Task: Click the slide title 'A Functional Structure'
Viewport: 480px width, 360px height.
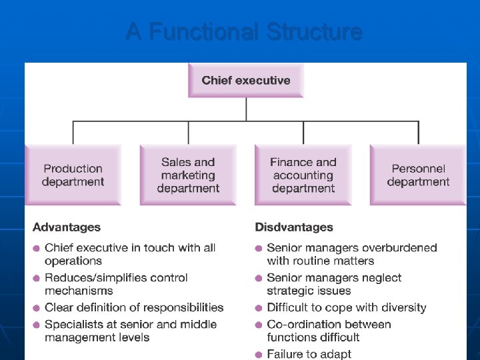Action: tap(243, 32)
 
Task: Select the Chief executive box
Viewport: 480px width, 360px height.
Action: tap(246, 81)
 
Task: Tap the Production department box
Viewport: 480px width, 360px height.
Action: tap(73, 175)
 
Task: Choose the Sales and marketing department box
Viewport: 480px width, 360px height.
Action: tap(188, 175)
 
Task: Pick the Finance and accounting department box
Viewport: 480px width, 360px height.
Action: tap(303, 175)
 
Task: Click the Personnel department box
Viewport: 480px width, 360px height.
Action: tap(418, 175)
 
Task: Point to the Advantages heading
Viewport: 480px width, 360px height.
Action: tap(67, 227)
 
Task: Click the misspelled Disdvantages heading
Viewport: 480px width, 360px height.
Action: tap(294, 227)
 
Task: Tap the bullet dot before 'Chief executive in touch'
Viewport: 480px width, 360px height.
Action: tap(37, 249)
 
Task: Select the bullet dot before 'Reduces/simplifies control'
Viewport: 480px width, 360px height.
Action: tap(37, 279)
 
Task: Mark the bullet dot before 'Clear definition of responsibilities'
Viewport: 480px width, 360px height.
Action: tap(37, 309)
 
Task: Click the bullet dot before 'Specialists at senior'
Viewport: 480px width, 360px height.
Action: tap(37, 325)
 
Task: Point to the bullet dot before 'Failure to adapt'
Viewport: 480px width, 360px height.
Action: tap(259, 355)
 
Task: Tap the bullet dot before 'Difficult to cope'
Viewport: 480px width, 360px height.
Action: tap(259, 309)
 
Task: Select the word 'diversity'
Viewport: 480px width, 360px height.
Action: tap(402, 308)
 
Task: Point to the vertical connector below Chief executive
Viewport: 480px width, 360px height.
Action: tap(247, 109)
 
